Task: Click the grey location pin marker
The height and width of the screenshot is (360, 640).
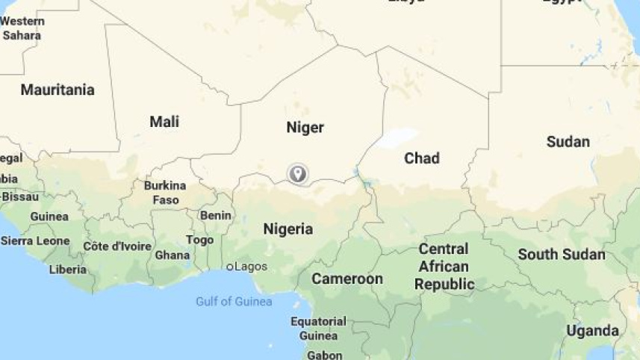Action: pyautogui.click(x=298, y=174)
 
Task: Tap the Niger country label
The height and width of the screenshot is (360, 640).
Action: pyautogui.click(x=305, y=128)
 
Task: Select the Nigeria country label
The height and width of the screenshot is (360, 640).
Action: pyautogui.click(x=288, y=229)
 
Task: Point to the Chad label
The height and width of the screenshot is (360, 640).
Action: pyautogui.click(x=421, y=158)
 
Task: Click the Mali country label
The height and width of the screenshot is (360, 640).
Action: pyautogui.click(x=164, y=122)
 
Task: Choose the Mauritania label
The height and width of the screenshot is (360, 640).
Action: pyautogui.click(x=58, y=90)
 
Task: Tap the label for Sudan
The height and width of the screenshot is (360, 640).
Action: pyautogui.click(x=568, y=141)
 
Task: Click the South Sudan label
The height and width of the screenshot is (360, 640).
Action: pyautogui.click(x=562, y=254)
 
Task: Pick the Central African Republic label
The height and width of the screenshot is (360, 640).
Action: pyautogui.click(x=444, y=267)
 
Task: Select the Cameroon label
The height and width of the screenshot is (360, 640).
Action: pyautogui.click(x=347, y=279)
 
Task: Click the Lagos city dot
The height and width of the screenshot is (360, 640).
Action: pyautogui.click(x=230, y=267)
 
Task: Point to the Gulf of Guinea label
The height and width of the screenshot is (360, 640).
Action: pyautogui.click(x=234, y=302)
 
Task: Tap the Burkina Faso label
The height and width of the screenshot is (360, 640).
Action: pyautogui.click(x=165, y=192)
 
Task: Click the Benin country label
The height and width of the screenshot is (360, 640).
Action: pyautogui.click(x=215, y=215)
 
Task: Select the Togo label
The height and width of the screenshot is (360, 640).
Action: pyautogui.click(x=199, y=240)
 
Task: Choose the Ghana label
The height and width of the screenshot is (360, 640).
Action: pyautogui.click(x=172, y=255)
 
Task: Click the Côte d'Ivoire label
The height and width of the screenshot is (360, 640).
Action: pyautogui.click(x=116, y=246)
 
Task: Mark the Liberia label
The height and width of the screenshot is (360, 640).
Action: pyautogui.click(x=68, y=269)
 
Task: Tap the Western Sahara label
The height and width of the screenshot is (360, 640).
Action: pyautogui.click(x=22, y=28)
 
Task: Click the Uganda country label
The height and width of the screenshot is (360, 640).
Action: pyautogui.click(x=592, y=330)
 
